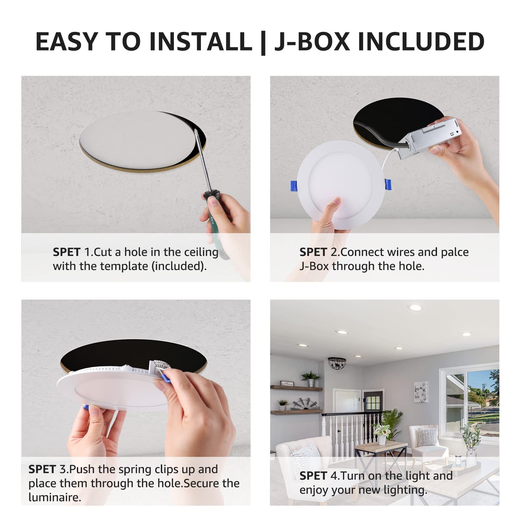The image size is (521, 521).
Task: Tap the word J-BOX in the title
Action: pyautogui.click(x=312, y=42)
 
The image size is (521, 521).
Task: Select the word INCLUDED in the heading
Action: pyautogui.click(x=421, y=42)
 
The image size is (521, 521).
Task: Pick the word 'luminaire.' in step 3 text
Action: pyautogui.click(x=54, y=497)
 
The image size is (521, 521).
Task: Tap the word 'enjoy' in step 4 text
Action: pyautogui.click(x=313, y=490)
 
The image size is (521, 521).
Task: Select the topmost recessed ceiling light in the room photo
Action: pyautogui.click(x=415, y=308)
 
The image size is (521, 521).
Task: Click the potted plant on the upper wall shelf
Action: pyautogui.click(x=310, y=379)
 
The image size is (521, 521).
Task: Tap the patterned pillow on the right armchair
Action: pyautogui.click(x=428, y=437)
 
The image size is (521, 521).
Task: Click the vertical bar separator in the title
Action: pyautogui.click(x=263, y=42)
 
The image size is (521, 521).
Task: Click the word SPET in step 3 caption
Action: pyautogui.click(x=42, y=469)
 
